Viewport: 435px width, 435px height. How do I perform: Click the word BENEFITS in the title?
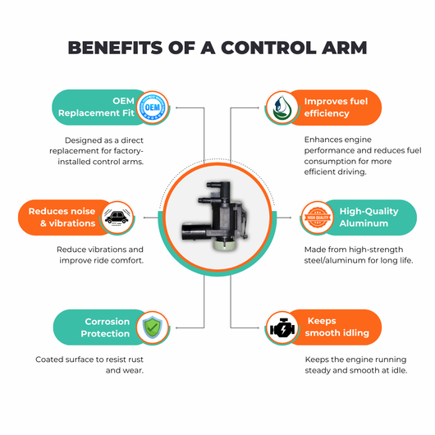[x=115, y=48]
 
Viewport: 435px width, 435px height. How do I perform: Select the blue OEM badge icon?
[x=153, y=108]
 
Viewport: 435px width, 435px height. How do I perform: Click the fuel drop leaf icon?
[x=282, y=108]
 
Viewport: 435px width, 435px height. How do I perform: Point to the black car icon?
[x=117, y=217]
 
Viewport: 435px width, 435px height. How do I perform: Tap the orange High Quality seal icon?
[x=318, y=217]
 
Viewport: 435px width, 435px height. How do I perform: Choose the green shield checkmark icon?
[x=153, y=327]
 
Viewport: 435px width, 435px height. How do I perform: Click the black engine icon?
[x=282, y=328]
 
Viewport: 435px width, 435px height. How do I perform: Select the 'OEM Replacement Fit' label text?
[x=96, y=107]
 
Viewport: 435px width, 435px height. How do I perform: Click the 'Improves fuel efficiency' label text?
[x=336, y=108]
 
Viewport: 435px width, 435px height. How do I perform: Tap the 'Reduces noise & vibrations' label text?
[x=62, y=217]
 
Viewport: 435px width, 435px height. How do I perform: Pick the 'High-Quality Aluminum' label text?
[x=369, y=217]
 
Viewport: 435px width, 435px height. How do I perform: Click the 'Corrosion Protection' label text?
[x=105, y=327]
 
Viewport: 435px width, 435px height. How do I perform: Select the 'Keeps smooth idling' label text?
[x=337, y=327]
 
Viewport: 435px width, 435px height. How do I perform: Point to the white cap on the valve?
[x=224, y=245]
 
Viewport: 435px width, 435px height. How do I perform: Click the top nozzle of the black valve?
[x=218, y=185]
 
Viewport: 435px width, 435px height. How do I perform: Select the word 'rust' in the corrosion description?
[x=135, y=359]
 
